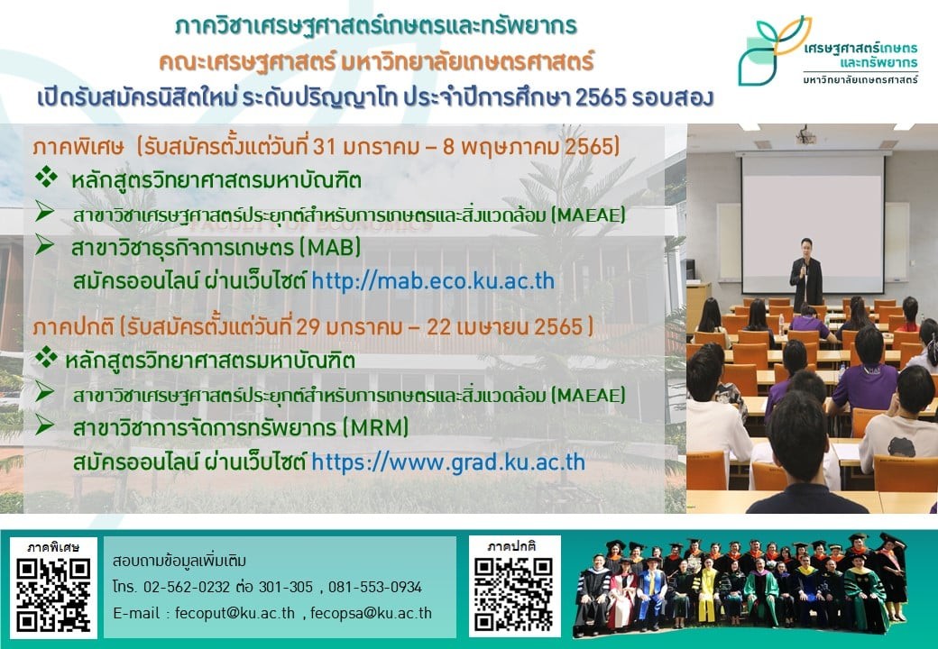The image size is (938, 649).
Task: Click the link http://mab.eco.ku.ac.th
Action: [433, 281]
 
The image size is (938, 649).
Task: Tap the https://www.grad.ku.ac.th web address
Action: [448, 462]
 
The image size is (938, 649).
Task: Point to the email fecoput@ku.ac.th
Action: [234, 613]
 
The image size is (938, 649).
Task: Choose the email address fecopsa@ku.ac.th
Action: [371, 613]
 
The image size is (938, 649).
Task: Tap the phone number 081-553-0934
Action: [375, 588]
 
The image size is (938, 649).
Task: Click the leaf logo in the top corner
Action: [773, 50]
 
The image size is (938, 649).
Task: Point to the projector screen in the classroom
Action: [813, 223]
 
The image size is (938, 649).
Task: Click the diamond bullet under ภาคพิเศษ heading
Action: [46, 177]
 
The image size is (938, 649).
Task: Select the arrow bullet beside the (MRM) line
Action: [44, 425]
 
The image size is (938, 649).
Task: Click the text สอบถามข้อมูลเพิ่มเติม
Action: [179, 562]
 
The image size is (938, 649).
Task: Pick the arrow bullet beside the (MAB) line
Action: [44, 244]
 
